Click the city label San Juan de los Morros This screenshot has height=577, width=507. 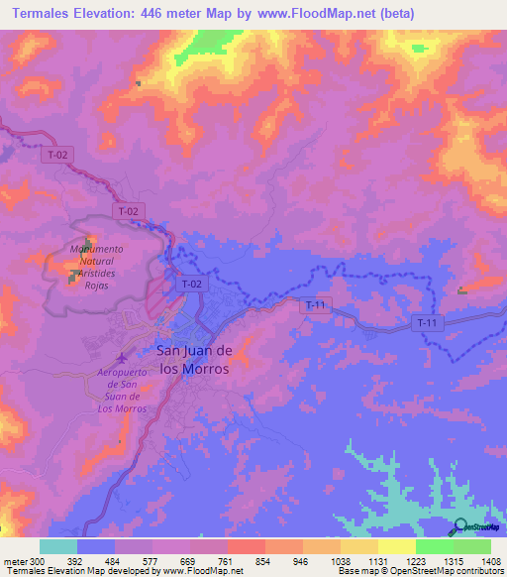pos(194,359)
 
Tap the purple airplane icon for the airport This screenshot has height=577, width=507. pos(122,358)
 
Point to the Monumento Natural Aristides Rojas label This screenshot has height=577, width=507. pos(96,266)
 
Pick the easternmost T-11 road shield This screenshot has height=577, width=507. pos(427,323)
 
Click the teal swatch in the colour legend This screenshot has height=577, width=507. pos(58,546)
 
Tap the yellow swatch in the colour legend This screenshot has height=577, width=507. pos(397,546)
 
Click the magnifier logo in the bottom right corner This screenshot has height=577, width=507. pos(460,527)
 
